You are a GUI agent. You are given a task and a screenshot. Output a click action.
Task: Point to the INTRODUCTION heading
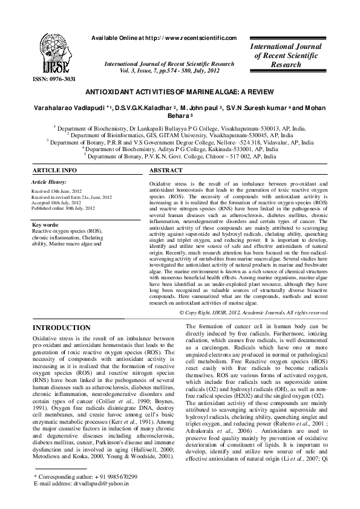pos(61,328)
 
